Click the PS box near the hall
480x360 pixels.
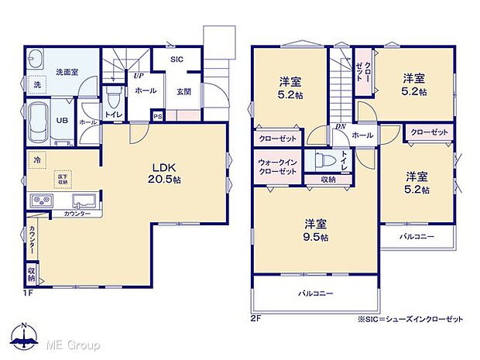(x=157, y=117)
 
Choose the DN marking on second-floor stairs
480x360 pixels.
(x=340, y=128)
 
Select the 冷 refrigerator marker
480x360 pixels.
(x=36, y=159)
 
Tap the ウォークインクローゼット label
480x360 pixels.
(x=276, y=166)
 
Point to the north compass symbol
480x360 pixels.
(x=26, y=334)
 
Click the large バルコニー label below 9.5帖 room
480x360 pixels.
(x=316, y=293)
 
